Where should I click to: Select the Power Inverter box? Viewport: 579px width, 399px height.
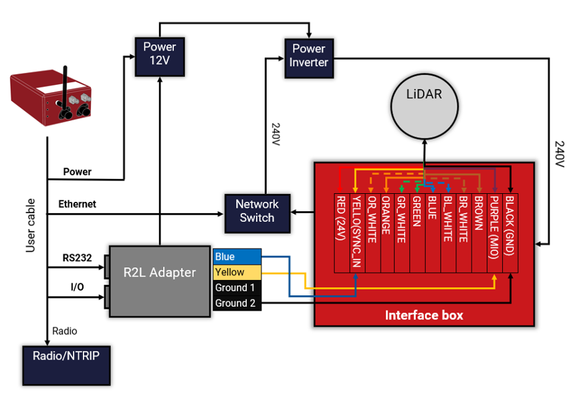coord(308,55)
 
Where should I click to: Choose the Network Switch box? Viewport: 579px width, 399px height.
coord(257,211)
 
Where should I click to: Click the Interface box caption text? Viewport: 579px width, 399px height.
coord(424,315)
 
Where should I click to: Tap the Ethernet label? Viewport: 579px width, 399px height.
coord(77,204)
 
